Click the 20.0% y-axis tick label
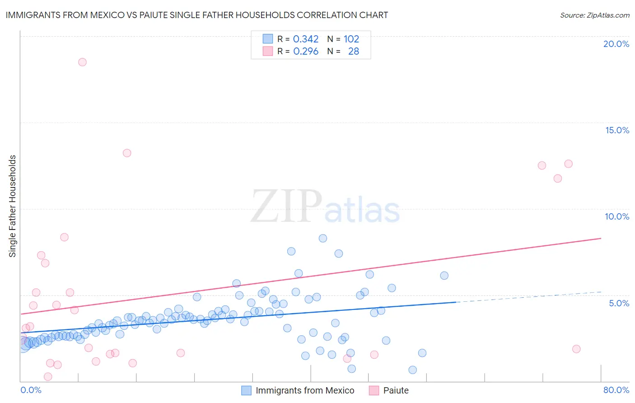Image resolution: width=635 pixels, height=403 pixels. (616, 44)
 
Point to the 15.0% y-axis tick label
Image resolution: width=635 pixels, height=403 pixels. (617, 130)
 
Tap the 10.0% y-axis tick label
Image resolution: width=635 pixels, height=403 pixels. (617, 216)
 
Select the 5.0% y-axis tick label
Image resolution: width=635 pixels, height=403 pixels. (619, 303)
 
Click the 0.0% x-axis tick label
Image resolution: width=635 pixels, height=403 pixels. (31, 390)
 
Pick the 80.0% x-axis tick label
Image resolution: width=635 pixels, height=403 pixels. (616, 390)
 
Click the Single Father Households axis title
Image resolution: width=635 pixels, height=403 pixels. (13, 206)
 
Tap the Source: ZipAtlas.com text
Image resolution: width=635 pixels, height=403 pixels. (594, 15)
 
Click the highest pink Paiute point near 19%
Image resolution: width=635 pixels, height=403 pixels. (82, 62)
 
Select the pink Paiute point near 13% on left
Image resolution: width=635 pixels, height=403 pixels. (127, 153)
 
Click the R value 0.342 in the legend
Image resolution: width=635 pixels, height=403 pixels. (306, 39)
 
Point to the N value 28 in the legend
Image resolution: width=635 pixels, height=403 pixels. (354, 52)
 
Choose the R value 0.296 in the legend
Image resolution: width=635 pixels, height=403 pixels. (306, 52)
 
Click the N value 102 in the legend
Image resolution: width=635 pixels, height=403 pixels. (351, 39)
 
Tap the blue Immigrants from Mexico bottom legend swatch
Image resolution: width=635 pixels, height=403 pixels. (246, 390)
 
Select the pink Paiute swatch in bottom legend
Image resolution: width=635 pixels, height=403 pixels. (374, 390)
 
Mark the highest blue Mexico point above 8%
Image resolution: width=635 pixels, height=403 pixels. (323, 238)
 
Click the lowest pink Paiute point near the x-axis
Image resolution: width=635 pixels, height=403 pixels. (48, 377)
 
